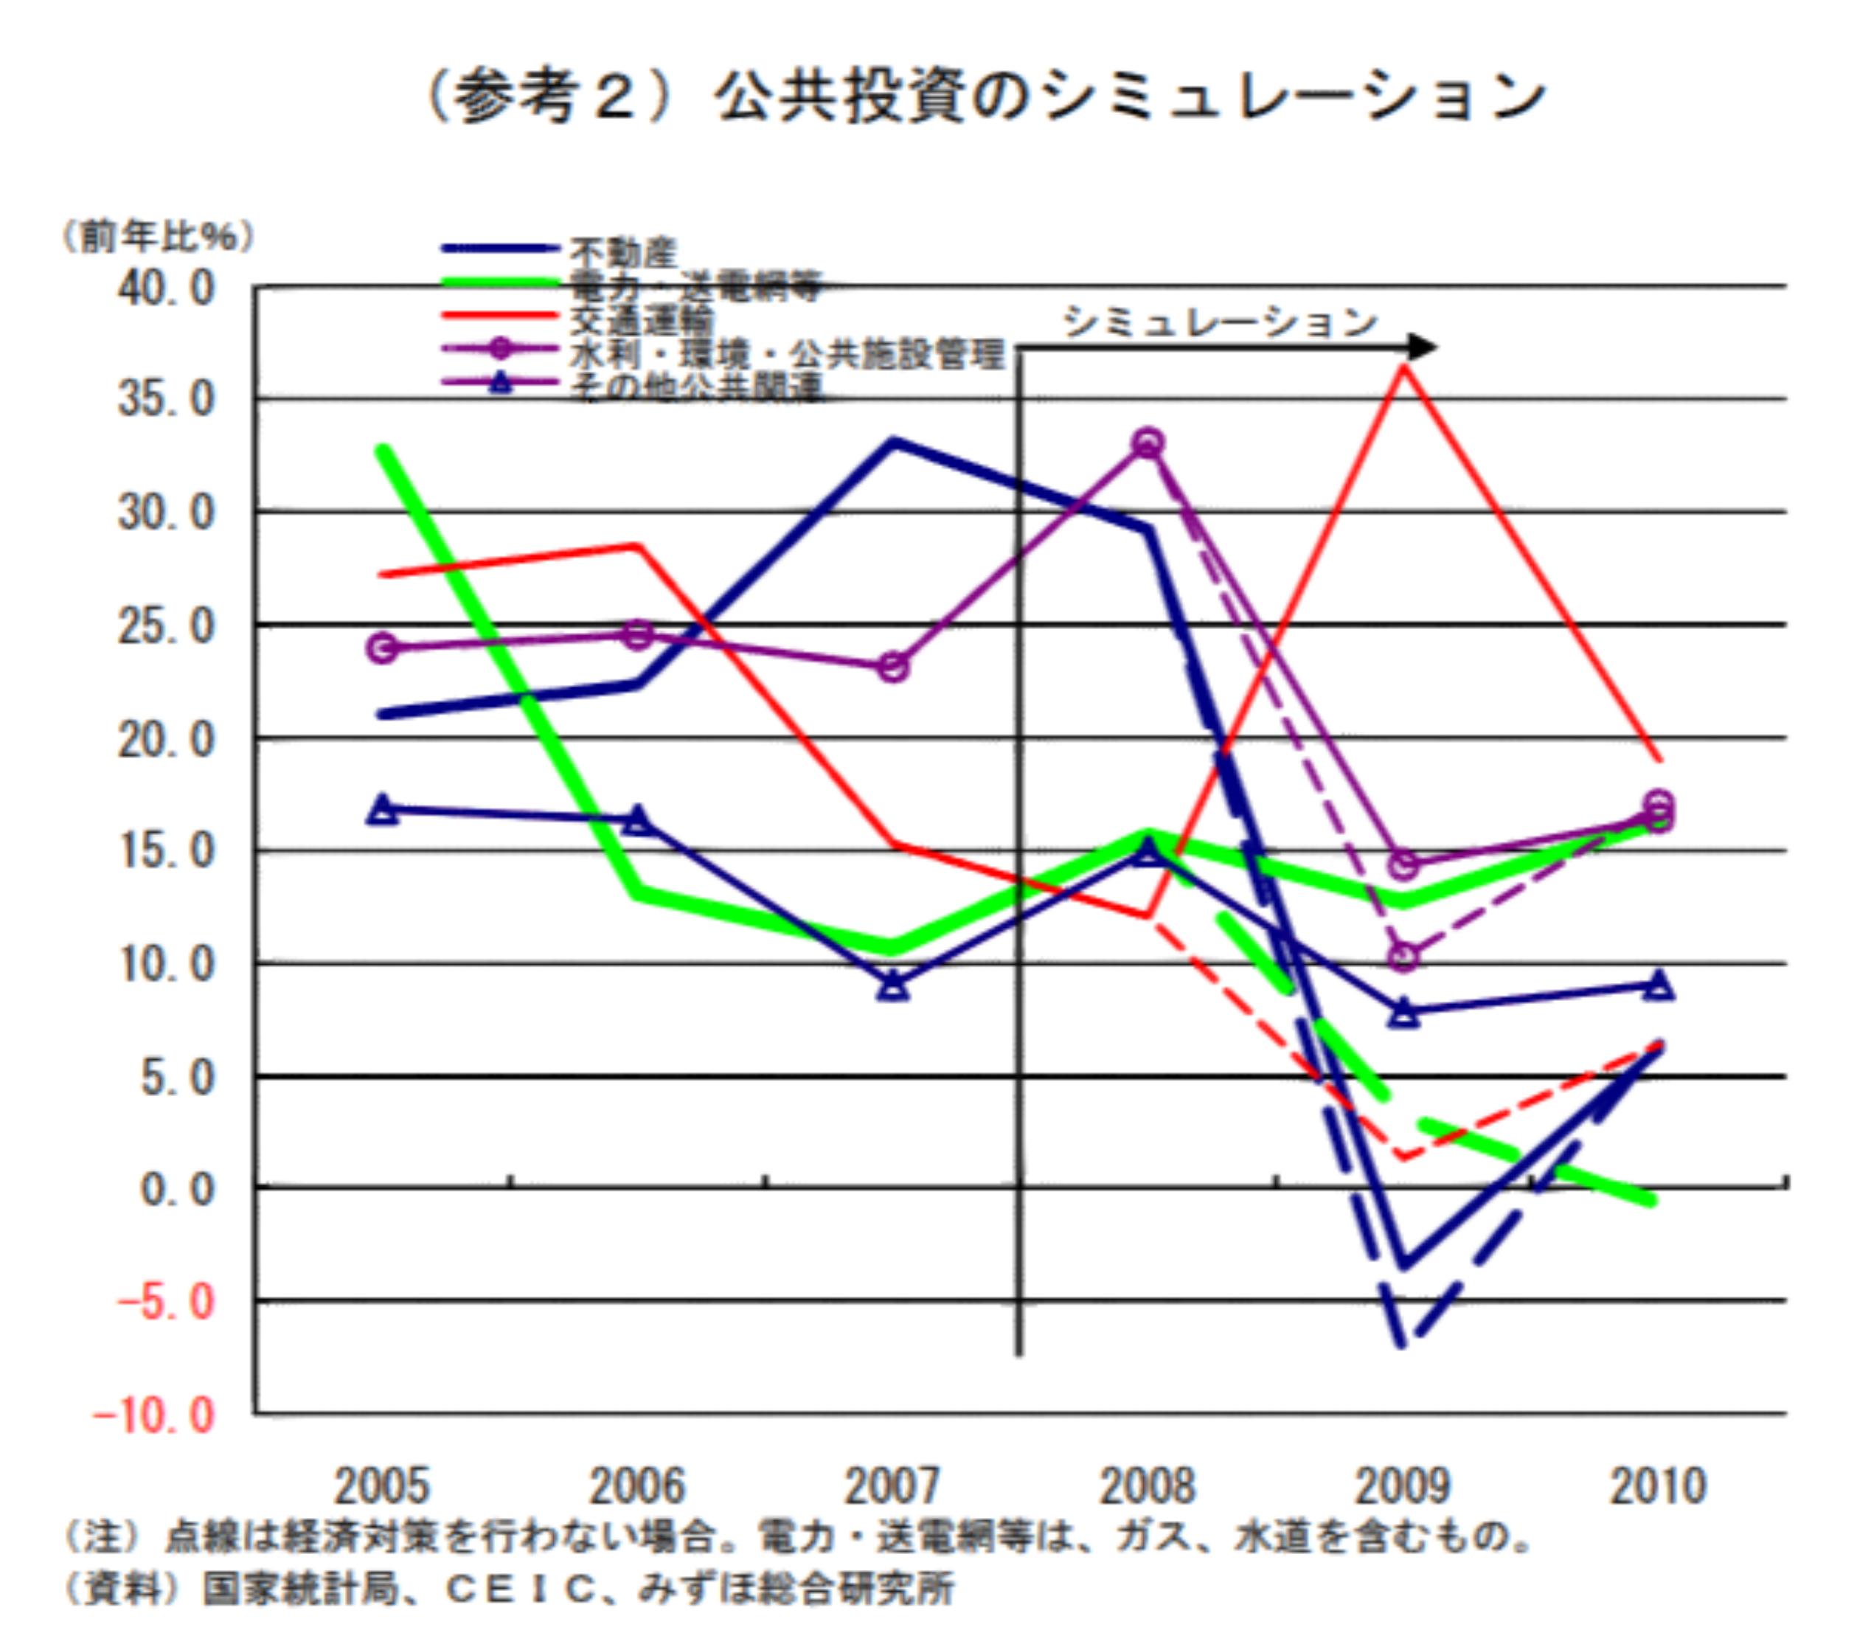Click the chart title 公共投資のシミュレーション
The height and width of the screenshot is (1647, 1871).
(1131, 97)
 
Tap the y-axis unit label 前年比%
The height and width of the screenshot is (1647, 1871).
(157, 237)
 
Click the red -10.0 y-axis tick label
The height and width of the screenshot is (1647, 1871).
(154, 1416)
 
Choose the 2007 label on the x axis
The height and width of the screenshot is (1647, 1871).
(892, 1485)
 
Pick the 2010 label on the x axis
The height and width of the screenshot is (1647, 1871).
(1658, 1485)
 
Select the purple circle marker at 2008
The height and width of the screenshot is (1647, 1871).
(1148, 444)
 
